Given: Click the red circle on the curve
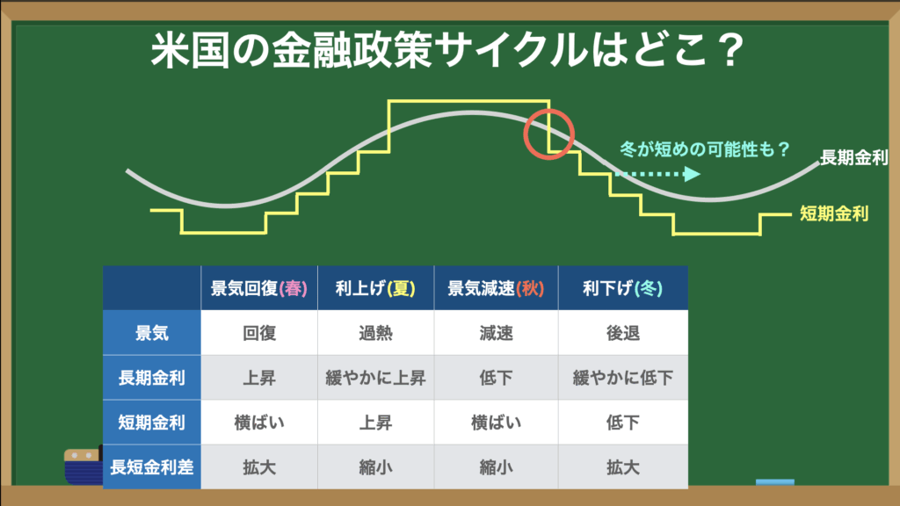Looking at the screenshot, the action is coord(524,134).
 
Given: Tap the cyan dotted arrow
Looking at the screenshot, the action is coord(657,174).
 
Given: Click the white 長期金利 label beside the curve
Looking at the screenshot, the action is coord(853,157).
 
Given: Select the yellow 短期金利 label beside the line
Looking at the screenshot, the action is coord(834,214).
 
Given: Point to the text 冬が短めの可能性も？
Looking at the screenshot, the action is coord(706,149).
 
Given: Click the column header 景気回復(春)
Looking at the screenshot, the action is coord(259,288).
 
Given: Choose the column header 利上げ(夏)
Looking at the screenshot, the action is coord(375,288).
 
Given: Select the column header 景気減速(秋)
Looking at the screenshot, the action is coord(496,288).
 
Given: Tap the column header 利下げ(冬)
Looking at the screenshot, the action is coord(623,288).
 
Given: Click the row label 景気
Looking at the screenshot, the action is coord(151,333).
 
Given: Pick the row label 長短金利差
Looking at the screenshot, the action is coord(151,467).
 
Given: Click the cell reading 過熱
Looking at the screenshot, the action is coord(375,333).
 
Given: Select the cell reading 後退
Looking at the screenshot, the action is coord(623,333).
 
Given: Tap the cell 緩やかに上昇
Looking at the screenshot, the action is coord(375,378).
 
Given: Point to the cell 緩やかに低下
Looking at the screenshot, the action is coord(623,378).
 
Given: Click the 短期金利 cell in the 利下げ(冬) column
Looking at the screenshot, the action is coord(623,423).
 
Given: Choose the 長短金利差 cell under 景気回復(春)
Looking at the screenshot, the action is coord(259,467).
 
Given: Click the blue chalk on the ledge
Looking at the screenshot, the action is coord(775,482).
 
